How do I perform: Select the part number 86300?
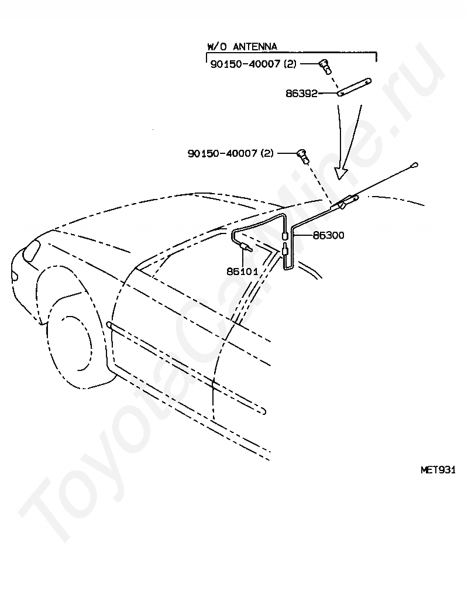click(328, 235)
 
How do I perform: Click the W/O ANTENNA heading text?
click(242, 46)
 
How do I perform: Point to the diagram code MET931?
click(437, 469)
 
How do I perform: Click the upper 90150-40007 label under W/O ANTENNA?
click(246, 64)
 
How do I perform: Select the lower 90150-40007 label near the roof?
click(223, 153)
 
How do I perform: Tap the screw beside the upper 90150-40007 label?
click(324, 66)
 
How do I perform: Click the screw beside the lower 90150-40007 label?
click(302, 155)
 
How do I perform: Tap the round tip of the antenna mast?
click(414, 166)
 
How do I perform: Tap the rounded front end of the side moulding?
click(109, 324)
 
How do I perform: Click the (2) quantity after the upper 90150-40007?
click(290, 64)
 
